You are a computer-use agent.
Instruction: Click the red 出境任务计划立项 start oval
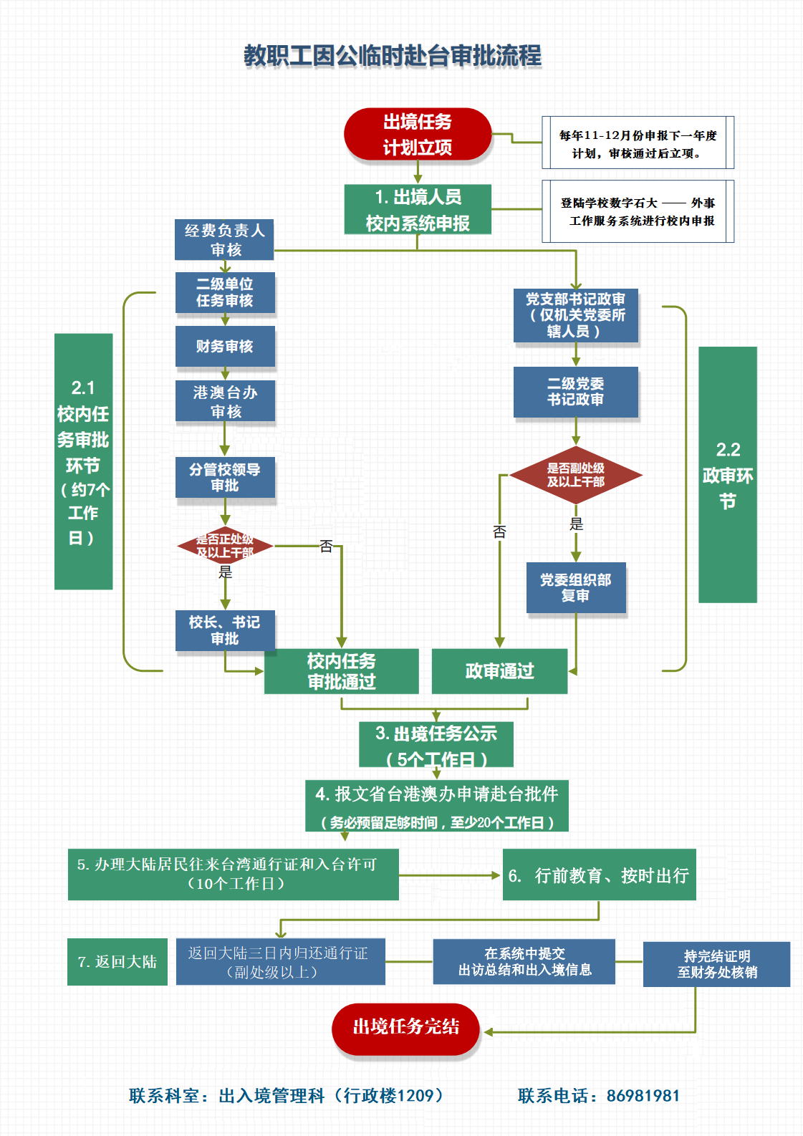(418, 134)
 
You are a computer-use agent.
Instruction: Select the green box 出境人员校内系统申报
(418, 209)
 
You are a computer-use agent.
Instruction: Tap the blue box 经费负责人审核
(224, 239)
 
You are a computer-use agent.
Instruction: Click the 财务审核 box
(225, 347)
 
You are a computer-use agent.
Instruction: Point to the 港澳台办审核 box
(225, 401)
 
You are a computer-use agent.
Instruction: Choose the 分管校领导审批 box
(225, 478)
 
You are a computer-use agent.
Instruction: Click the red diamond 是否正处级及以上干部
(225, 546)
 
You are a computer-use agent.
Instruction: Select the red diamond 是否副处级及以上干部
(575, 475)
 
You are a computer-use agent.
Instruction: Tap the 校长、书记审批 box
(225, 630)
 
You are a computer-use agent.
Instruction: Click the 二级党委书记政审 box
(575, 392)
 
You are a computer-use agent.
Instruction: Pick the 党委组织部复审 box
(576, 587)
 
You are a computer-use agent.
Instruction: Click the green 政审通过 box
(499, 671)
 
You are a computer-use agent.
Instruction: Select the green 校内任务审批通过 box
(342, 671)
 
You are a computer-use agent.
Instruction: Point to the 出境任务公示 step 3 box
(436, 745)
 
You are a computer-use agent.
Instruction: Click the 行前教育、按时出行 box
(599, 875)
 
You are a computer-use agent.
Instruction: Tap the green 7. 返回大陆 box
(117, 962)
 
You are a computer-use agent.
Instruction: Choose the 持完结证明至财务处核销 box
(716, 964)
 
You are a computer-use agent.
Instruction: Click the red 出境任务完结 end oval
(405, 1027)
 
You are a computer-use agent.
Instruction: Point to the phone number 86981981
(643, 1095)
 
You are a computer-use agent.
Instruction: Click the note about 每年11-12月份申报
(638, 143)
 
